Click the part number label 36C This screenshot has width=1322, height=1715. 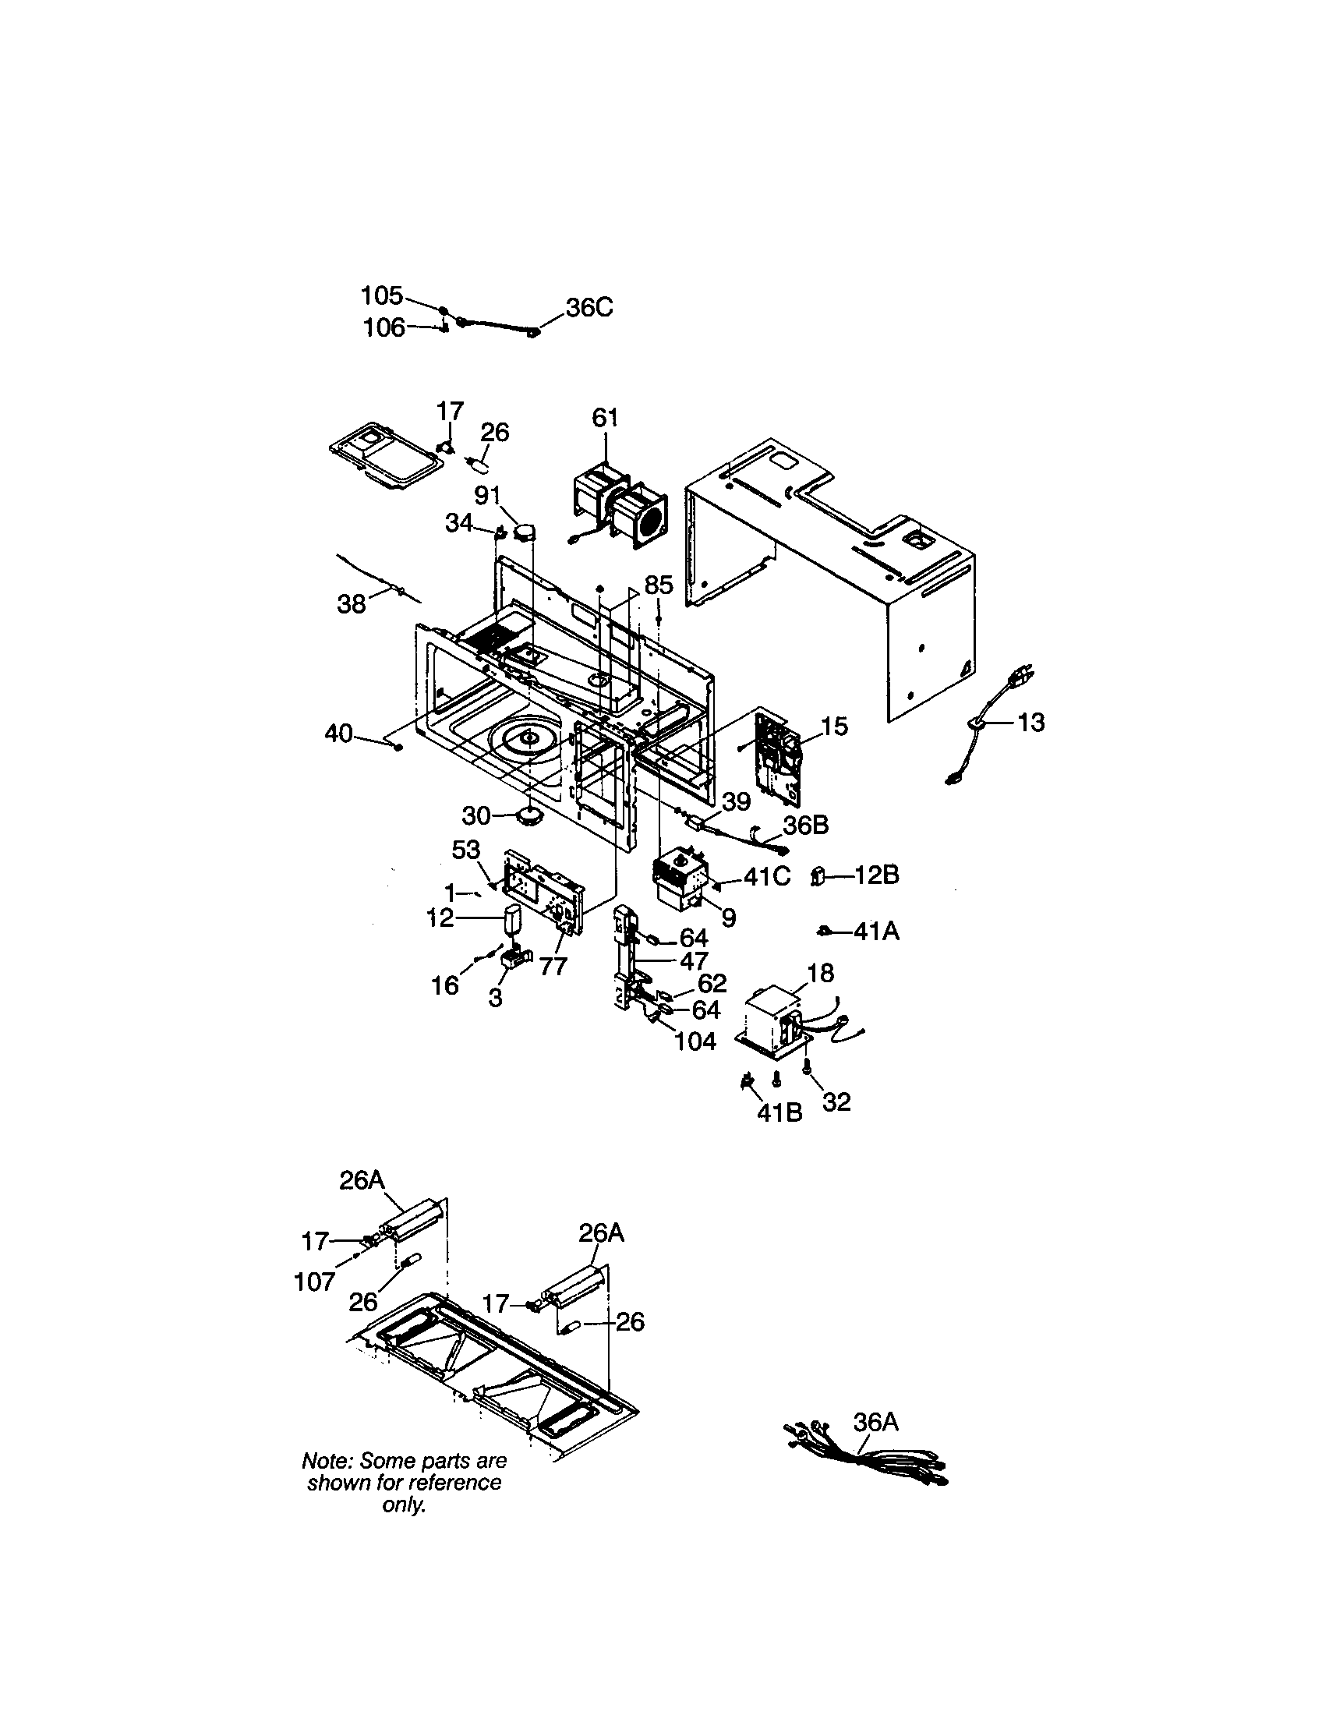pyautogui.click(x=589, y=308)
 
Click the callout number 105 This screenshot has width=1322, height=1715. pyautogui.click(x=381, y=296)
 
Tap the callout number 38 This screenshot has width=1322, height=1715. pyautogui.click(x=352, y=604)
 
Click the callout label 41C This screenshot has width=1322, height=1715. pyautogui.click(x=766, y=876)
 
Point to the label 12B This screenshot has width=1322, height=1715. pyautogui.click(x=876, y=875)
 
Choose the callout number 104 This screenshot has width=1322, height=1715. pyautogui.click(x=695, y=1041)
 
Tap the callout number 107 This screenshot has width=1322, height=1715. pyautogui.click(x=314, y=1282)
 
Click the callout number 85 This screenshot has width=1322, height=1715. pyautogui.click(x=659, y=585)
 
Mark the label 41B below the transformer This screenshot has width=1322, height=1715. pyautogui.click(x=779, y=1112)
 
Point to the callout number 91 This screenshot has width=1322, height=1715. pyautogui.click(x=487, y=497)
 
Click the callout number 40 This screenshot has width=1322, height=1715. pyautogui.click(x=338, y=734)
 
